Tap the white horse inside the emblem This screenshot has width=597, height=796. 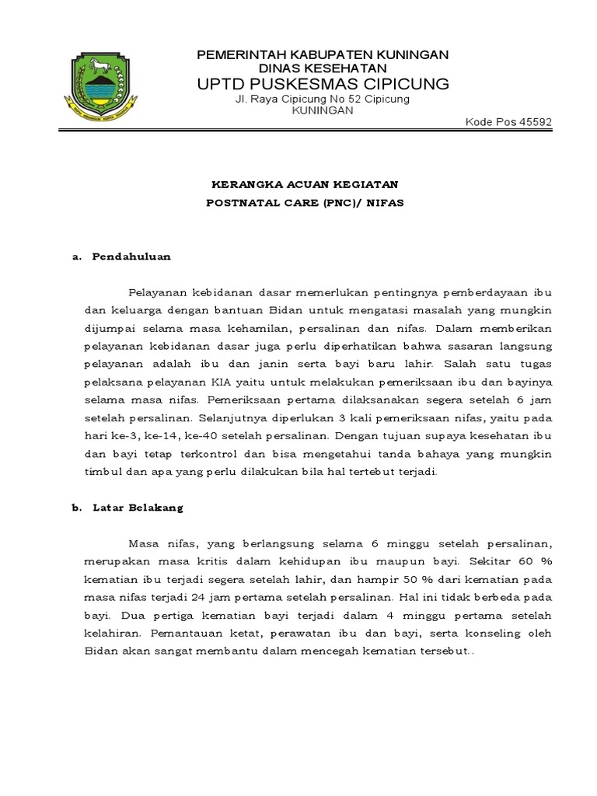(102, 64)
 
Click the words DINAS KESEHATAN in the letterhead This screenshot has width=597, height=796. (322, 68)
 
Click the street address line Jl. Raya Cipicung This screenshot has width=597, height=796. (322, 99)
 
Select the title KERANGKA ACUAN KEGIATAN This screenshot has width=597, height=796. (305, 184)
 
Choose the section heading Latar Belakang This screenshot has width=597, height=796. (137, 508)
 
